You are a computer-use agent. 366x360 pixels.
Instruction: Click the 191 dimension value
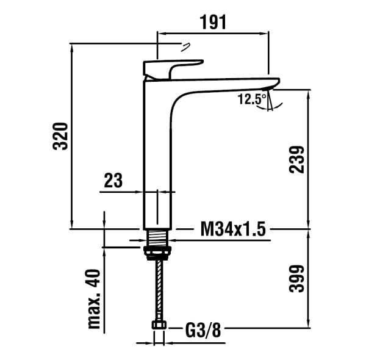213,22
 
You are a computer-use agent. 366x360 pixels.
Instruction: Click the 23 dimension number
113,180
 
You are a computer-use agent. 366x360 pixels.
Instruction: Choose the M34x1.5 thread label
234,229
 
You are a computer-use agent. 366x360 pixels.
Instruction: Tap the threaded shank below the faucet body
158,237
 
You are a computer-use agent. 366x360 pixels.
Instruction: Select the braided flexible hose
159,293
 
